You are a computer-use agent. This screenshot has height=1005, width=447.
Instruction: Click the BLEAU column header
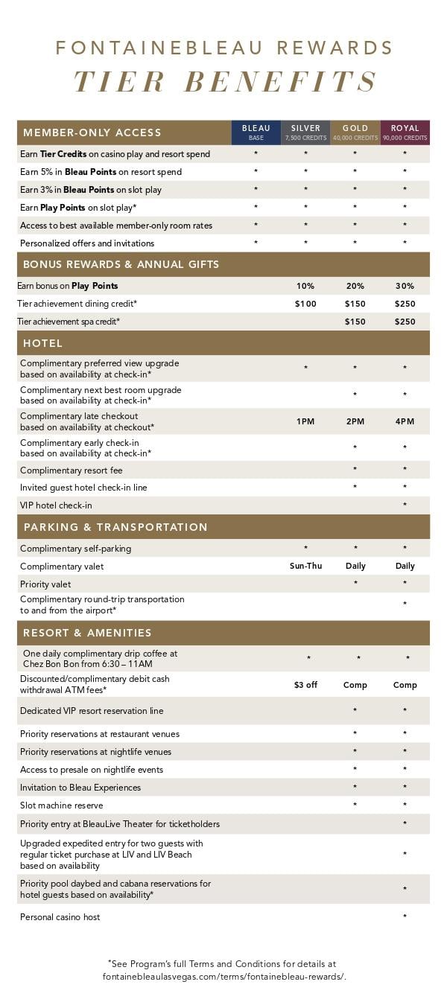click(256, 132)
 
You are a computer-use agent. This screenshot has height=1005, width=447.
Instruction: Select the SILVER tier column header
click(305, 132)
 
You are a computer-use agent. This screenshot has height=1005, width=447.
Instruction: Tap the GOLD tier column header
click(355, 132)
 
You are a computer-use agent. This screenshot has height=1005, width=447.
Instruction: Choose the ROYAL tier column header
click(405, 132)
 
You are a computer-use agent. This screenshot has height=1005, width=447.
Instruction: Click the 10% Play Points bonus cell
click(305, 286)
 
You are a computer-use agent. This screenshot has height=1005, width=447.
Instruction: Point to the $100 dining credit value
click(305, 304)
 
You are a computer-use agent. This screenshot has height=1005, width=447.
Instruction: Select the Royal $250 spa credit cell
click(405, 322)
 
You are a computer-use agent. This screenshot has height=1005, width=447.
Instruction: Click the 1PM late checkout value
click(305, 421)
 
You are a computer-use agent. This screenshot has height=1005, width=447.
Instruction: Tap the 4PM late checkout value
click(405, 421)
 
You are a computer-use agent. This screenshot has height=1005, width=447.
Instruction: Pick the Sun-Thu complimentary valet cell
click(305, 566)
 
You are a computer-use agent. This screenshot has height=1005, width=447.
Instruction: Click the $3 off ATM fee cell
click(305, 685)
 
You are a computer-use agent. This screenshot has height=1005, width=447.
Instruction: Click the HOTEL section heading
click(43, 343)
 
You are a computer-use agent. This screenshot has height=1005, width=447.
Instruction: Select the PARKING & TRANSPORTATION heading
click(115, 527)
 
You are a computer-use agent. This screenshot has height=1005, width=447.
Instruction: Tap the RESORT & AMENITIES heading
click(87, 633)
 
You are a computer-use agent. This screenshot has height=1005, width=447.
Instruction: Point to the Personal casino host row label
click(60, 917)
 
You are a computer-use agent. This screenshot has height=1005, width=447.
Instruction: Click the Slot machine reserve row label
click(62, 805)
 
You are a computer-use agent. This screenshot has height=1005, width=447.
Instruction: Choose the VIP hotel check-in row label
click(57, 505)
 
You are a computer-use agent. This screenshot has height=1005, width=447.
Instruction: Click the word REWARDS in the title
click(335, 48)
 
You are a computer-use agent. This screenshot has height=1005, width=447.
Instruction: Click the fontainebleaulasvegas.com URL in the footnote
click(224, 977)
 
